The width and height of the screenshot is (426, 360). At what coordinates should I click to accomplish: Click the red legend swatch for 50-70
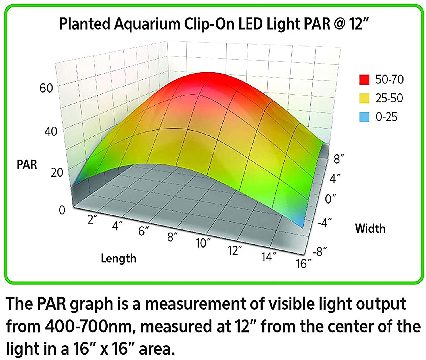click(x=364, y=79)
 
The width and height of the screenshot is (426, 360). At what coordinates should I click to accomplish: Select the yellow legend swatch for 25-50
click(x=364, y=98)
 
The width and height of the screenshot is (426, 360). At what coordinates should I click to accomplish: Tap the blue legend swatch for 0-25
click(x=364, y=117)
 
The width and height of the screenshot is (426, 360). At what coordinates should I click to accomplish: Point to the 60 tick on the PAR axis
click(x=46, y=88)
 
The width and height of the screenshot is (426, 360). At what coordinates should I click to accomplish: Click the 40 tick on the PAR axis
click(x=51, y=131)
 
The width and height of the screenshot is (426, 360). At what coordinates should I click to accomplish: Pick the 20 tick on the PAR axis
click(x=57, y=172)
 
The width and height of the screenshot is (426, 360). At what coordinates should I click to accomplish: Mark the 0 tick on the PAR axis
click(x=62, y=210)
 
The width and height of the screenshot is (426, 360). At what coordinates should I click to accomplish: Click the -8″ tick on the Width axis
click(x=320, y=252)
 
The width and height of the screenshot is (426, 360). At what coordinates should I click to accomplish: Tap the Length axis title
click(x=119, y=258)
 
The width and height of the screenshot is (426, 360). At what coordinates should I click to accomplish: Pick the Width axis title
click(x=370, y=229)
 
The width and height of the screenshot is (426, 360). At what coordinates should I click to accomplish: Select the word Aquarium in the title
click(x=147, y=24)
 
